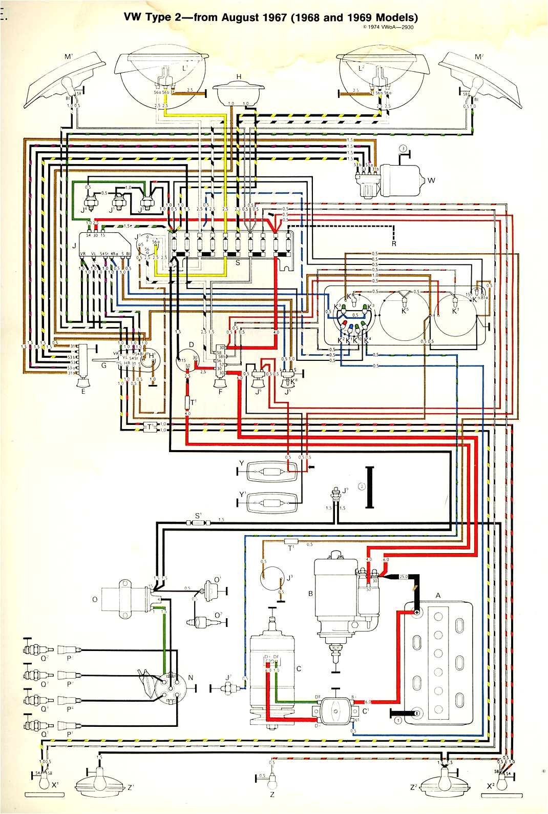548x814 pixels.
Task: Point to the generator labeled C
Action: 272,677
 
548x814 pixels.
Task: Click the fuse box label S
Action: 238,262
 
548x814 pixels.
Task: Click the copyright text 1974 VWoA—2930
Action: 388,27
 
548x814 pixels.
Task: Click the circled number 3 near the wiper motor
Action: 403,149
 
